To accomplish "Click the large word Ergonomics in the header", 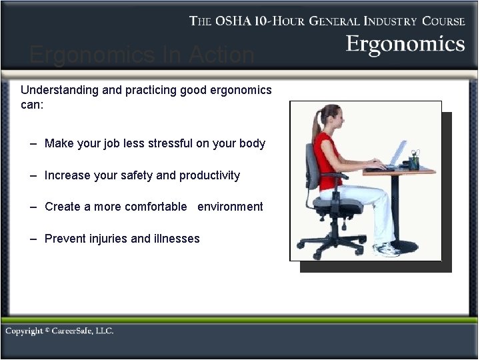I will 405,44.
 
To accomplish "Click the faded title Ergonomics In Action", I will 142,55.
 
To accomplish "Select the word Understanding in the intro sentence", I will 59,89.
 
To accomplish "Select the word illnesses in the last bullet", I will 175,239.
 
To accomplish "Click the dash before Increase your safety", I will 33,175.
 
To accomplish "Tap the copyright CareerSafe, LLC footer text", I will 59,331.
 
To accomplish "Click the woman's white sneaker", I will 387,249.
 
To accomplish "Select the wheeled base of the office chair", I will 329,245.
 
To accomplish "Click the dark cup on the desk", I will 415,162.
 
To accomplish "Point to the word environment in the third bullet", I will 230,207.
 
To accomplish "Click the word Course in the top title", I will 443,21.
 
